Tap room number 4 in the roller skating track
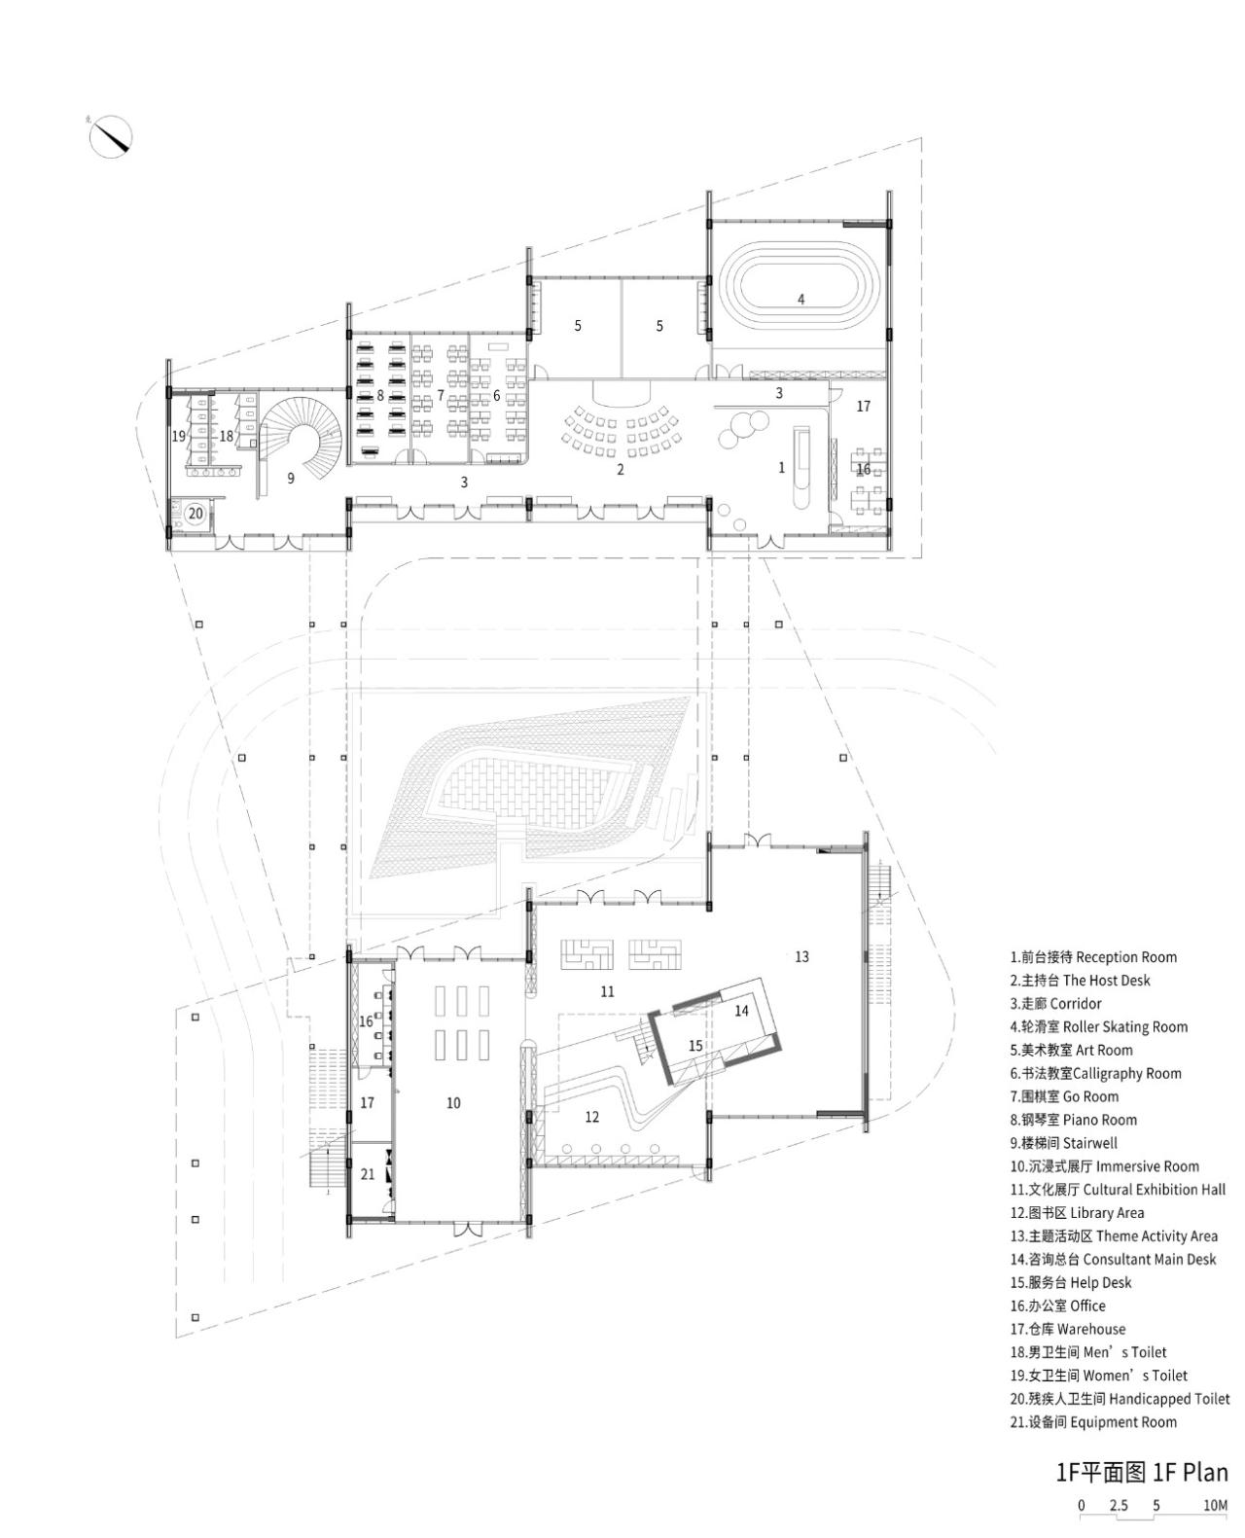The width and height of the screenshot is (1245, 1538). point(800,299)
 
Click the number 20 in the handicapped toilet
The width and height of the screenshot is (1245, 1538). point(195,513)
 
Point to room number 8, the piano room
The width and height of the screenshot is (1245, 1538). point(380,396)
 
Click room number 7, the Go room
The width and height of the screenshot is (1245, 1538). point(440,396)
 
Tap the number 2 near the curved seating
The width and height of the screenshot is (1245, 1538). point(620,470)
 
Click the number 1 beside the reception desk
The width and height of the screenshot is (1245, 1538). point(781,468)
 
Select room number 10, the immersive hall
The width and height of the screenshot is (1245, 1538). point(453,1102)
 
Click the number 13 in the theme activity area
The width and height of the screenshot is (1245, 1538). point(801,956)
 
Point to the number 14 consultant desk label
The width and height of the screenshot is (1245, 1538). point(741,1011)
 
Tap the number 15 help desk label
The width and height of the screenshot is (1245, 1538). point(694,1046)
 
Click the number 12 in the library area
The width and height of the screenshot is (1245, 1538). point(592,1117)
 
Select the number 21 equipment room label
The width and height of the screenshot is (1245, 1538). point(367,1174)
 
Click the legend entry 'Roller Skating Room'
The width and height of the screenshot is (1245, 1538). point(1098,1026)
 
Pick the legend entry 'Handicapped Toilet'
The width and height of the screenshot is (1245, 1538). point(1120,1399)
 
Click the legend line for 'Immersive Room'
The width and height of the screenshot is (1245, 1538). point(1104,1166)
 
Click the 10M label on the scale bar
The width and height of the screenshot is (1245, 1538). point(1215,1505)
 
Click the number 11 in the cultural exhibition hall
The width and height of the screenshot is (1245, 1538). point(607,991)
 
